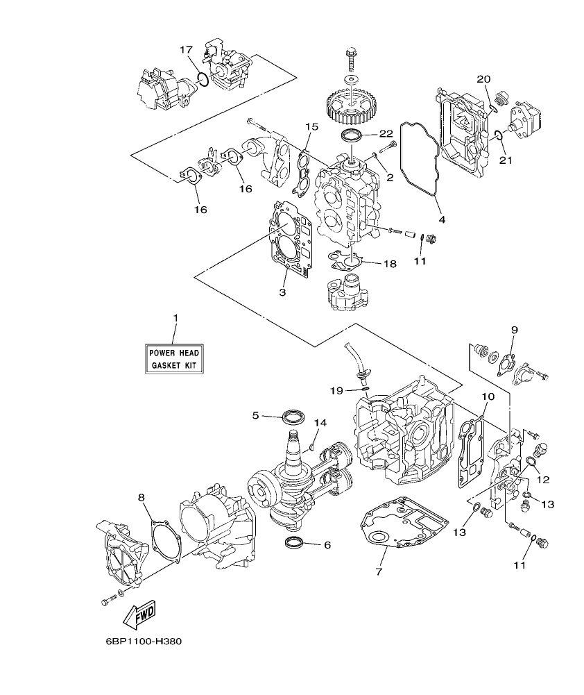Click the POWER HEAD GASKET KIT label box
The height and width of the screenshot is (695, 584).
175,358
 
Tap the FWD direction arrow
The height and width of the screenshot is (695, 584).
139,613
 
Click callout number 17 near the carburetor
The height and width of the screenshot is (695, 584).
186,50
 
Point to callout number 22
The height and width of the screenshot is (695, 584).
386,133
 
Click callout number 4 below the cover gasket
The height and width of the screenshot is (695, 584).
442,220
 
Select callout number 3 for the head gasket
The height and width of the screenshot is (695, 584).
282,292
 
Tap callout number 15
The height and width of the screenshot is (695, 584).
311,127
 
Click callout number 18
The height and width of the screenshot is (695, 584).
389,264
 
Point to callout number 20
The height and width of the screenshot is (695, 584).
483,80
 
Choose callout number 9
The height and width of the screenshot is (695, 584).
515,329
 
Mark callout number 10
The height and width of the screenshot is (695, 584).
488,396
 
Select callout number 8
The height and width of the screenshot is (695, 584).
141,497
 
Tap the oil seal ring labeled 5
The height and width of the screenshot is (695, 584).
293,417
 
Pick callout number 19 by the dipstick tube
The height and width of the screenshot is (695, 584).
336,391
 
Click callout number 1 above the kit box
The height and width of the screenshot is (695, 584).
175,318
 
